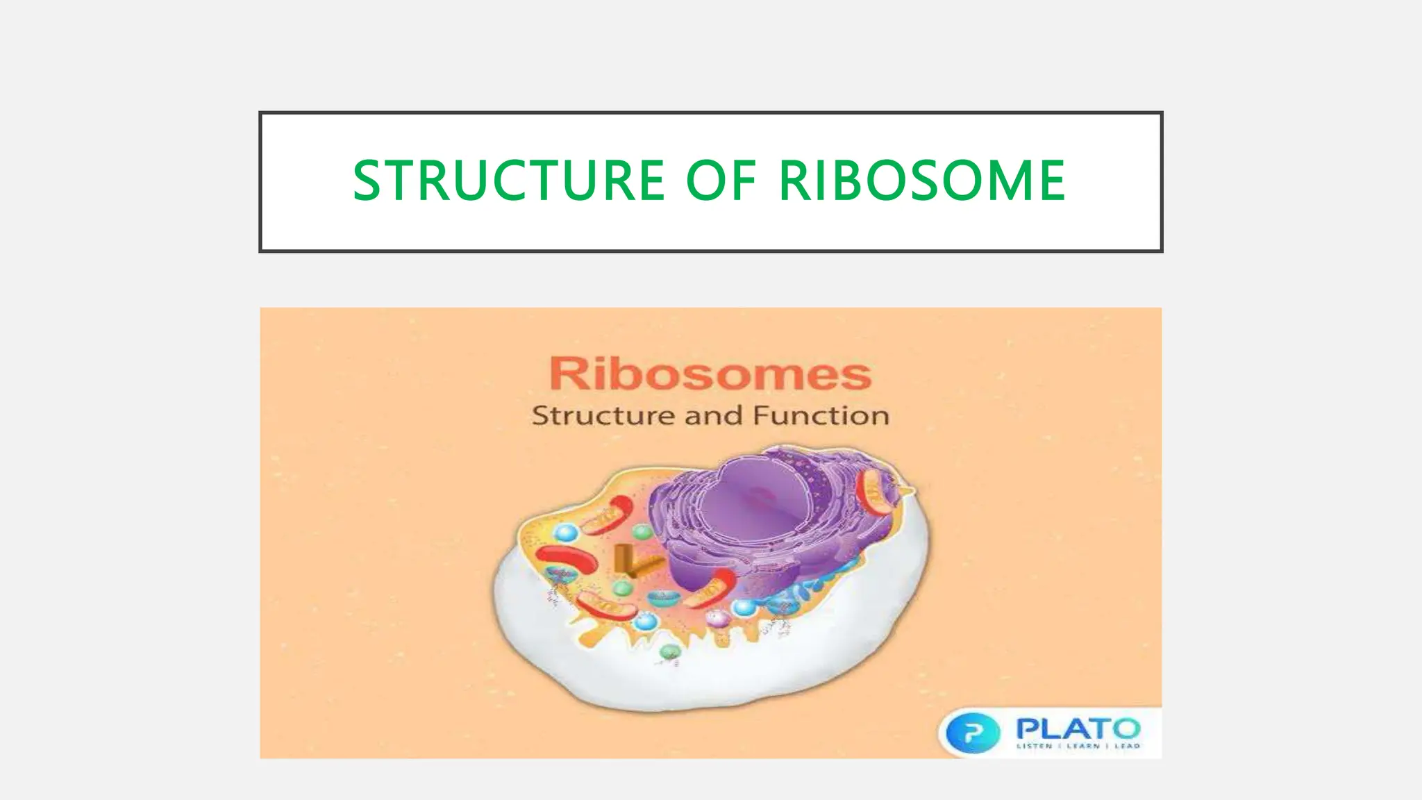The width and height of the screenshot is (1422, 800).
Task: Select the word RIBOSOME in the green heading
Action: pyautogui.click(x=921, y=181)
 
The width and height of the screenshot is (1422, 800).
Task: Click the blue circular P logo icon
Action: pyautogui.click(x=973, y=732)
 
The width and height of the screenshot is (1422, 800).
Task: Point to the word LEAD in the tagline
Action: pyautogui.click(x=1128, y=747)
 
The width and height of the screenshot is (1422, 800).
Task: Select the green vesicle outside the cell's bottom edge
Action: pyautogui.click(x=669, y=651)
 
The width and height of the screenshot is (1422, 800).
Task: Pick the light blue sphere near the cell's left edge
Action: pyautogui.click(x=567, y=533)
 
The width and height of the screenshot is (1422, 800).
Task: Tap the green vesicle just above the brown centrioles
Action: pyautogui.click(x=643, y=532)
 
